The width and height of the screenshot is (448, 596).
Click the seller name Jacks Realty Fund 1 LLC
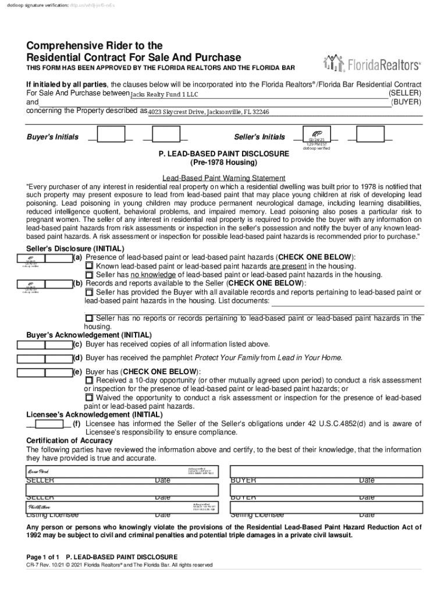[164, 94]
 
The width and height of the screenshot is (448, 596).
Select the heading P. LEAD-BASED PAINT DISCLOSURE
[220, 154]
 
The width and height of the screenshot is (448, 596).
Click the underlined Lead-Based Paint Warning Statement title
[223, 178]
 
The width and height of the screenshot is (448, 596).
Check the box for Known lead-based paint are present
[89, 265]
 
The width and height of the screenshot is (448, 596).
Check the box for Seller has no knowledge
[89, 274]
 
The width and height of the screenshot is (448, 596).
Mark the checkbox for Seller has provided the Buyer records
[89, 292]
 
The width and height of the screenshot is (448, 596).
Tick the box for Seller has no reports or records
[89, 318]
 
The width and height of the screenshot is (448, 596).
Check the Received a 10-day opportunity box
[89, 380]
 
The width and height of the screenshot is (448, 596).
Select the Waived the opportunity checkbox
[89, 398]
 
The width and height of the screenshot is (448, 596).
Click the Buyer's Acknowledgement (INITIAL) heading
[89, 335]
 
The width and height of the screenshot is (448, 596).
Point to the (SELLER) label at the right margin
[405, 93]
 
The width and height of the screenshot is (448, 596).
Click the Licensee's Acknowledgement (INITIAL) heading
[94, 415]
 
